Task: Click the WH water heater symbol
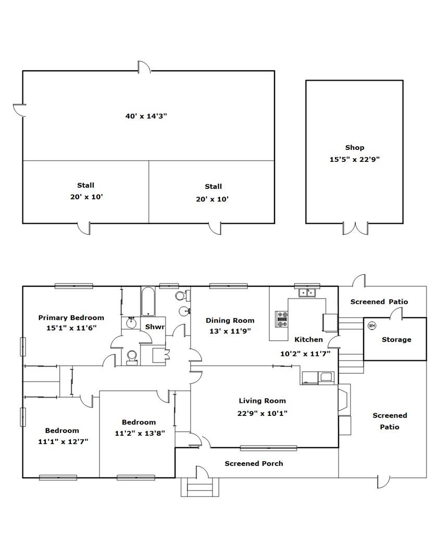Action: [x=371, y=325]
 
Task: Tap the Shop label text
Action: [x=354, y=147]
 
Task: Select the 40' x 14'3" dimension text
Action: [x=146, y=116]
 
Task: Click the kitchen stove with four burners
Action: [x=282, y=319]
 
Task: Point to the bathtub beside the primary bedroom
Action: [x=148, y=301]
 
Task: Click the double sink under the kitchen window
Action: [x=307, y=293]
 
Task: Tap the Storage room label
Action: [x=396, y=339]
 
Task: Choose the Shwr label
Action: [x=155, y=327]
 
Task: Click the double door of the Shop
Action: [x=355, y=229]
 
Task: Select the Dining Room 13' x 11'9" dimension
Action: [x=230, y=332]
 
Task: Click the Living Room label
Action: [x=262, y=401]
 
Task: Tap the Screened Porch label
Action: [x=254, y=463]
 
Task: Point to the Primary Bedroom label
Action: [x=71, y=318]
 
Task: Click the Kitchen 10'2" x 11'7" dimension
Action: [x=305, y=354]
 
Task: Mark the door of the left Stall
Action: [x=84, y=229]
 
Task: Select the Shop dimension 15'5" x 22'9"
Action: [x=354, y=159]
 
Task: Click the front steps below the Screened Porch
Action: [x=200, y=487]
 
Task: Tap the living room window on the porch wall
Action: [x=268, y=448]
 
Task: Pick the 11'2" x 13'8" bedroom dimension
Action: [x=140, y=434]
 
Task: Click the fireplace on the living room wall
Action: [x=344, y=400]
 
